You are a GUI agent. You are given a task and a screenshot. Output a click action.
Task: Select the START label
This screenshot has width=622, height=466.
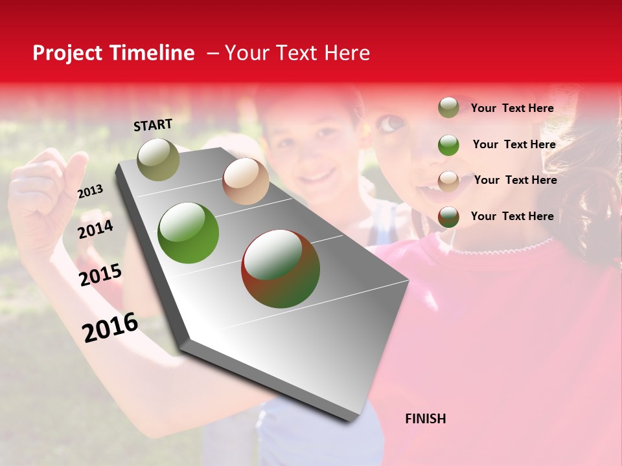[x=153, y=125]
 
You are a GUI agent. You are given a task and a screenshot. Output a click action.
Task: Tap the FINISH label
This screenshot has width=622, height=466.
[x=425, y=419]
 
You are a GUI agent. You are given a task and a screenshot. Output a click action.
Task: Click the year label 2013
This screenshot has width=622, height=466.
[x=90, y=192]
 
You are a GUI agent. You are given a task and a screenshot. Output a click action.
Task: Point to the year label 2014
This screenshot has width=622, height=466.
[x=95, y=229]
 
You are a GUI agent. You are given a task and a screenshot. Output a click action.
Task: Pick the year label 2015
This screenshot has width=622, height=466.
[x=100, y=275]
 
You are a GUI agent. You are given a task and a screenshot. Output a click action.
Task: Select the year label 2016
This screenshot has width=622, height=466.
[x=110, y=327]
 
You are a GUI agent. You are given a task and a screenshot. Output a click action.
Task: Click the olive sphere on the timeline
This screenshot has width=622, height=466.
[x=158, y=159]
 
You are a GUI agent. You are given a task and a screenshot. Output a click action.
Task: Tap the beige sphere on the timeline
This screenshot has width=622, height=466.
[x=246, y=181]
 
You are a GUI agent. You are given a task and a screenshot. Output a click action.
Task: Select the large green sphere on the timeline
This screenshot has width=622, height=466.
[x=189, y=233]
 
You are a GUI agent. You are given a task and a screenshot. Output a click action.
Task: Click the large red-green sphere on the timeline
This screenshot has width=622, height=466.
[x=281, y=269]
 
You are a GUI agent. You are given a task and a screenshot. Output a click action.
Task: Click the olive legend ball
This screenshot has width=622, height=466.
[x=448, y=107]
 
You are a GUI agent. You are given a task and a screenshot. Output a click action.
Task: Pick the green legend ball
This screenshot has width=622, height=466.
[x=448, y=145]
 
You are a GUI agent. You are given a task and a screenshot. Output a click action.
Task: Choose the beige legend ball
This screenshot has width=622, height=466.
[x=448, y=181]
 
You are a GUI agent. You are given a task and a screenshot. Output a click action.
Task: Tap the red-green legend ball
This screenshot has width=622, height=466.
[x=448, y=217]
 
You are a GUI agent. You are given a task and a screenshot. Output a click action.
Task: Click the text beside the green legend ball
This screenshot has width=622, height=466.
[x=514, y=144]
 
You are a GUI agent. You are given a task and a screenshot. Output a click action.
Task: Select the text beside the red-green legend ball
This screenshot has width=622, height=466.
[x=512, y=216]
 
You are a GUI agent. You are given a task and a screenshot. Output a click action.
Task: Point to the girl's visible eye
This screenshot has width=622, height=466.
[x=391, y=122]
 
